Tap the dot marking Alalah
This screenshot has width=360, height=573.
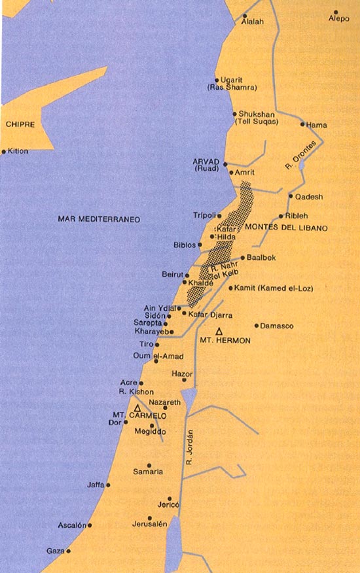point(244,16)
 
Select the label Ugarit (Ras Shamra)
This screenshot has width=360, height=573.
point(223,82)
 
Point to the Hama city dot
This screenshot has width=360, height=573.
point(302,124)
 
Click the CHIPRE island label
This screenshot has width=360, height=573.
point(19,124)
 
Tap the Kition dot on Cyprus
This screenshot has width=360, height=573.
point(3,151)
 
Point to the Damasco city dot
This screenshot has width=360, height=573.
point(257,326)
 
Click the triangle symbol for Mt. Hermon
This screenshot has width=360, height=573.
point(219,331)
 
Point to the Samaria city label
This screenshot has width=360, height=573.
point(148,472)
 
